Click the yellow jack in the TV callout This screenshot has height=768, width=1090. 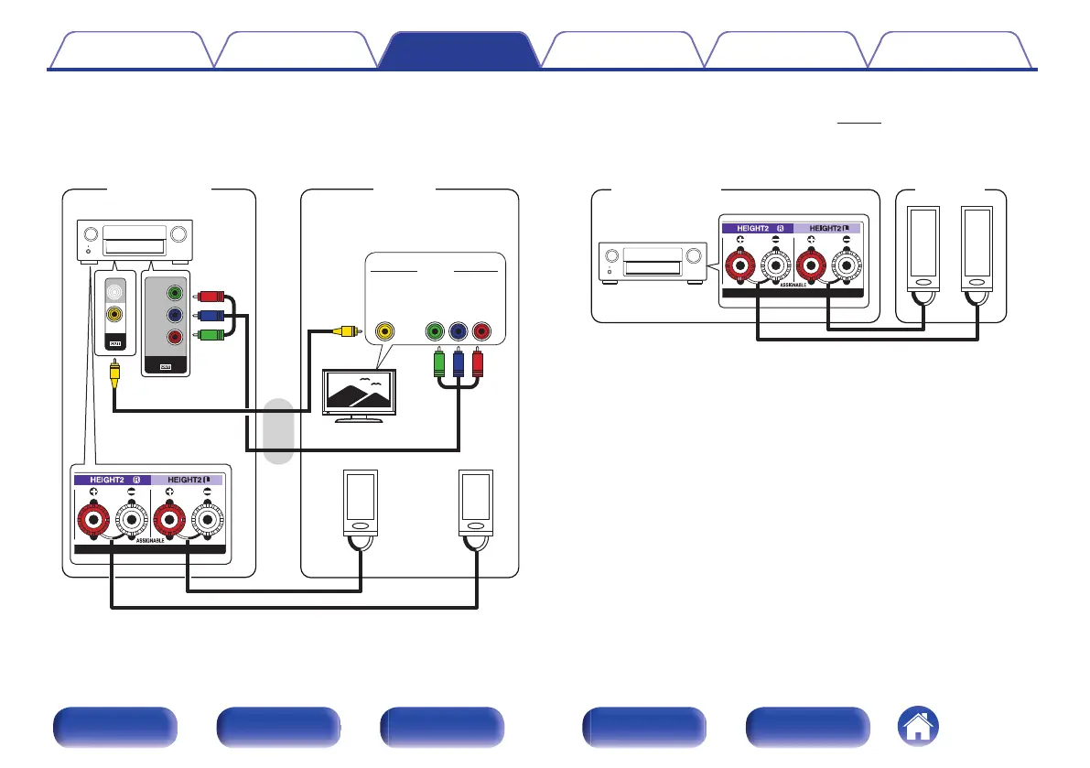[386, 331]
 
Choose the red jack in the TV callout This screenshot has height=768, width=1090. [480, 331]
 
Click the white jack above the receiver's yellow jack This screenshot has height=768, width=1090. [114, 293]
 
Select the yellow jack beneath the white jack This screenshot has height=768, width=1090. [114, 314]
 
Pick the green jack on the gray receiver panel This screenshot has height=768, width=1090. [174, 294]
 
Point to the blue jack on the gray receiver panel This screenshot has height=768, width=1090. [174, 315]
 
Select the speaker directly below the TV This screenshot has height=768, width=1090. [361, 503]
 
